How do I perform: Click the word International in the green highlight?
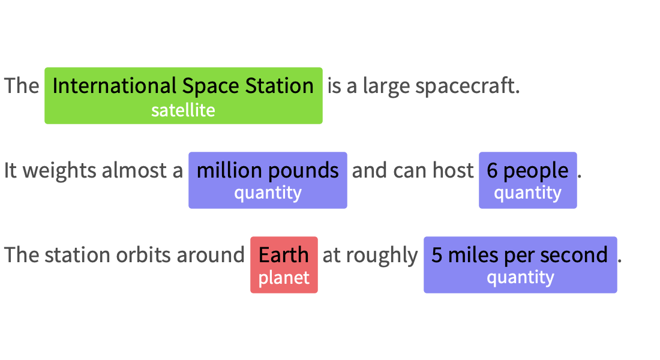click(x=115, y=85)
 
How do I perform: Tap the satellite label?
click(x=183, y=110)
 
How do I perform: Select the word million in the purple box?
click(x=229, y=170)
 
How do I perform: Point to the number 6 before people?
click(x=492, y=171)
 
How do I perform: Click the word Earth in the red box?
click(x=284, y=255)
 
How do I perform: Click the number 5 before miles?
click(x=437, y=256)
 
